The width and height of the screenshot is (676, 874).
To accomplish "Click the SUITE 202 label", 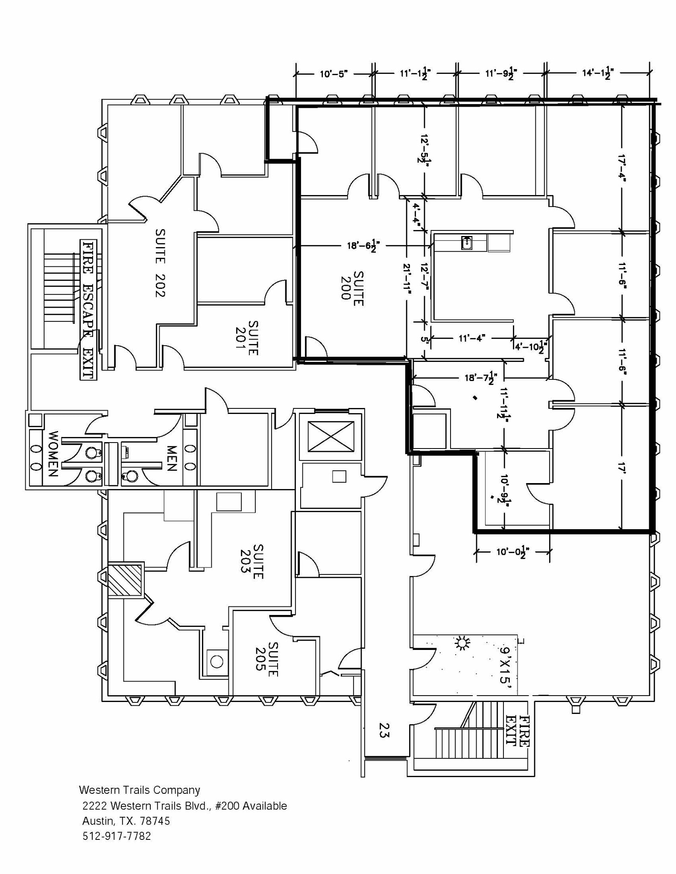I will [160, 262].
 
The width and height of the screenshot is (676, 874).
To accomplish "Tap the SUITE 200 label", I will [352, 288].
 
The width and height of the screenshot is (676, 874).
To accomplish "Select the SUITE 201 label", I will [247, 338].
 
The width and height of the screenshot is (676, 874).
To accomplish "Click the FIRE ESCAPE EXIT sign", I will [88, 309].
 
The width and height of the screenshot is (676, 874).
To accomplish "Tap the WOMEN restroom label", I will [53, 454].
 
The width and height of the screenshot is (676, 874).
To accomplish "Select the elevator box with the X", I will [331, 436].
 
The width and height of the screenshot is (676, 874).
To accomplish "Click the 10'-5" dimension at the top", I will [334, 74].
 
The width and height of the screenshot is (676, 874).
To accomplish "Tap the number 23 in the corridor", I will [384, 730].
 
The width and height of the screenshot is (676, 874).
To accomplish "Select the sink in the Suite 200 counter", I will [467, 243].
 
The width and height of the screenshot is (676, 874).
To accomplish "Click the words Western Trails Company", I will [140, 790].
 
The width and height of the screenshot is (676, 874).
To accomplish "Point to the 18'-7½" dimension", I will [480, 378].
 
